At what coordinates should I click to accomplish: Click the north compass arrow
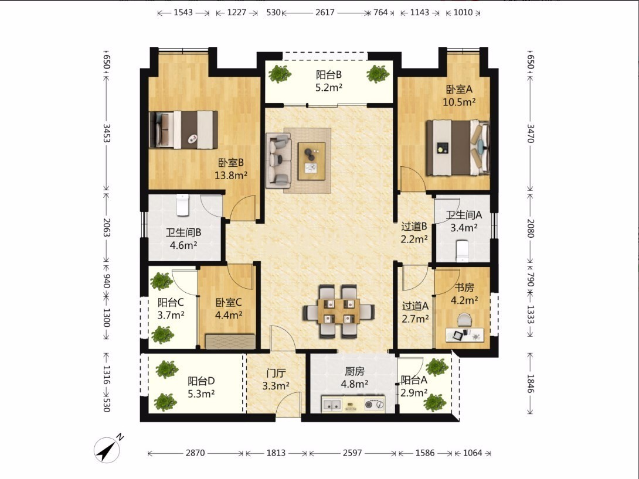pyautogui.click(x=107, y=450)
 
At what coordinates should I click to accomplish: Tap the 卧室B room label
pyautogui.click(x=231, y=163)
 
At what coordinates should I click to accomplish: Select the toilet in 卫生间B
pyautogui.click(x=183, y=205)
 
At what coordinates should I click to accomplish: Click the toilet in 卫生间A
pyautogui.click(x=463, y=251)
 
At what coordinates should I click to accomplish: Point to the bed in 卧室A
pyautogui.click(x=458, y=148)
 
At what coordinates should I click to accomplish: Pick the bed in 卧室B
pyautogui.click(x=183, y=129)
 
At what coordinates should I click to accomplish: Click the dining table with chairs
pyautogui.click(x=339, y=312)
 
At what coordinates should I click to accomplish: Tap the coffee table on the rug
pyautogui.click(x=312, y=161)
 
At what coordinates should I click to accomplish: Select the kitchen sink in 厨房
pyautogui.click(x=332, y=404)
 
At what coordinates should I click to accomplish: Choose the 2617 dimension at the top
pyautogui.click(x=325, y=13)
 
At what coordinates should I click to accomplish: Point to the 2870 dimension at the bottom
pyautogui.click(x=195, y=453)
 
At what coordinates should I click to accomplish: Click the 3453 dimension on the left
pyautogui.click(x=106, y=133)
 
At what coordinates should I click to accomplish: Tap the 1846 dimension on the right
pyautogui.click(x=530, y=384)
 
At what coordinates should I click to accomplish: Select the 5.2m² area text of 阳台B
pyautogui.click(x=329, y=87)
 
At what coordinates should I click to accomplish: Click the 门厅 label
pyautogui.click(x=276, y=373)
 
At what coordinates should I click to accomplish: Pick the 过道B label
pyautogui.click(x=414, y=226)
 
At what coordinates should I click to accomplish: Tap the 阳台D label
pyautogui.click(x=201, y=381)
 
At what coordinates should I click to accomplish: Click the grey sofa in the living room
pyautogui.click(x=279, y=160)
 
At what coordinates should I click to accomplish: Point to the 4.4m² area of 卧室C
pyautogui.click(x=229, y=315)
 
